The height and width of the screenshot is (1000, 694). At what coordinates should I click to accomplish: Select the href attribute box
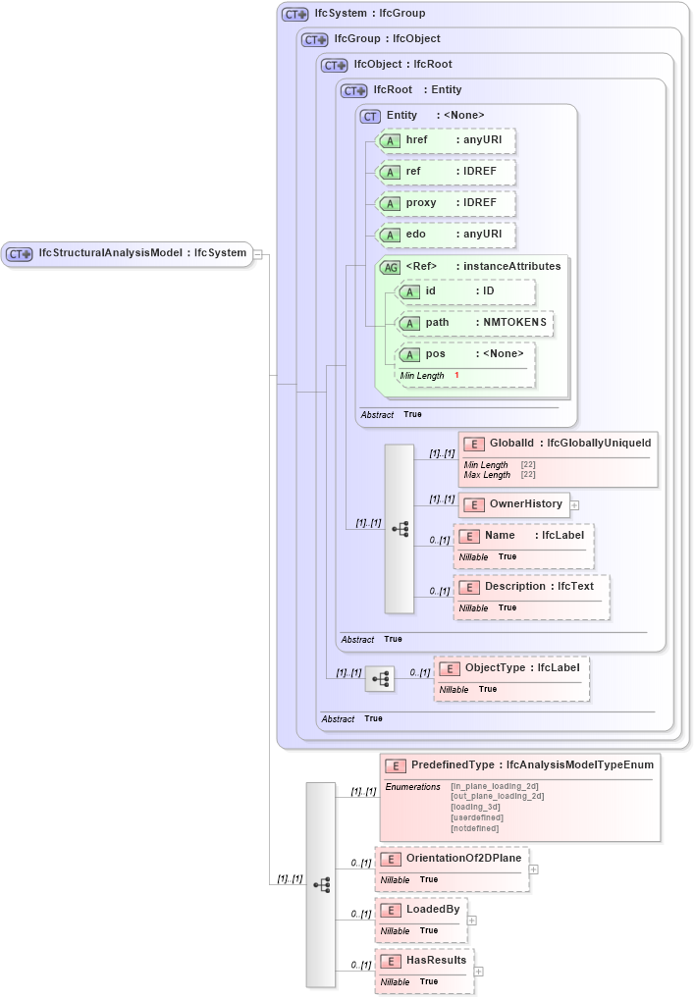pos(446,140)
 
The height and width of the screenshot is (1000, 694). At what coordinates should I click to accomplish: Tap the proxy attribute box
pos(446,203)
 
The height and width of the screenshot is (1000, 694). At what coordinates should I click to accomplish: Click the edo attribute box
pos(446,235)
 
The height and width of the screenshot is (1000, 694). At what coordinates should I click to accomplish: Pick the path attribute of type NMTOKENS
pos(473,323)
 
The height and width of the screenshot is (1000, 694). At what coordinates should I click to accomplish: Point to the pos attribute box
pos(463,354)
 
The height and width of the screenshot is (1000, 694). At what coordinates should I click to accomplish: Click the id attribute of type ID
pos(464,291)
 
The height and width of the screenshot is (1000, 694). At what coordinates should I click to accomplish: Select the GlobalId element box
pos(557,445)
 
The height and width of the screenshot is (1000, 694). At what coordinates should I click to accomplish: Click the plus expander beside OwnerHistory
pos(574,504)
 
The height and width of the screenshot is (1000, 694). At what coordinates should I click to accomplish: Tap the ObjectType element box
pos(511,668)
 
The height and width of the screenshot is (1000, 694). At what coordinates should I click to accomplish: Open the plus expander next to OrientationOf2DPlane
pos(533,868)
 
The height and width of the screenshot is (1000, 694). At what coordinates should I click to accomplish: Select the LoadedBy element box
pos(421,910)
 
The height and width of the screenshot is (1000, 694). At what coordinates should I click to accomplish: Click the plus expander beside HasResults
pos(478,971)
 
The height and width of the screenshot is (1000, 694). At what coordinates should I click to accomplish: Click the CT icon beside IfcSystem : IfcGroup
pos(294,15)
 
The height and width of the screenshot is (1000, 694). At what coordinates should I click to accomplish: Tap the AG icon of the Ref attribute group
pos(390,267)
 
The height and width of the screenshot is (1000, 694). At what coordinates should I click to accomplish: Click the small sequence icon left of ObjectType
pos(380,678)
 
